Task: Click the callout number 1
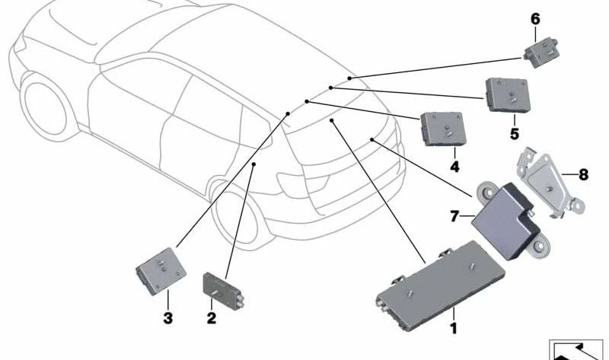454,329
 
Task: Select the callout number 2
212,317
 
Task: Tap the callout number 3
167,317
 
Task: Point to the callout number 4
454,165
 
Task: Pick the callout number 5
514,134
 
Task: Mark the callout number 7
455,217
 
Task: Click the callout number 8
583,174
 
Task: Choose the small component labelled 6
541,51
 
